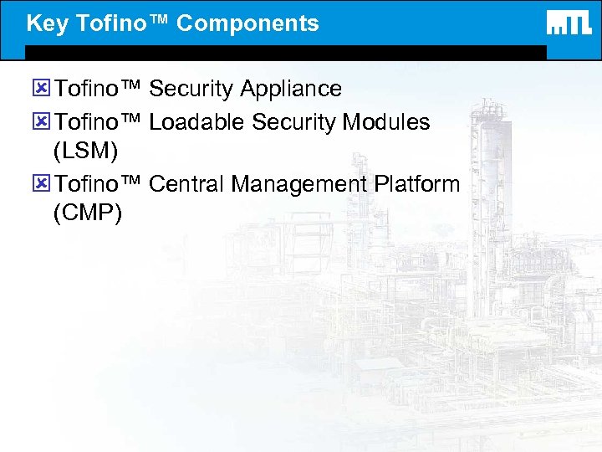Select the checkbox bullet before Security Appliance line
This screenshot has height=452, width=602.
coord(42,89)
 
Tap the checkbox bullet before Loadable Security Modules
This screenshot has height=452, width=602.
coord(42,122)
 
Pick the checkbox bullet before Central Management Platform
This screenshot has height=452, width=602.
coord(42,183)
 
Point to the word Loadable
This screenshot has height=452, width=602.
coord(197,122)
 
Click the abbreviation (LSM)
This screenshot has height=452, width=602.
coord(85,152)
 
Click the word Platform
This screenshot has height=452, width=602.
coord(418,183)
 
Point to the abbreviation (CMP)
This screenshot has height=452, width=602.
coord(87,213)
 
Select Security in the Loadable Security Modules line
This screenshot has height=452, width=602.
coord(293,122)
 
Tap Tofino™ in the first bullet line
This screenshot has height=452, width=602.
coord(99,89)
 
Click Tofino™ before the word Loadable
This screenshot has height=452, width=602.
coord(99,122)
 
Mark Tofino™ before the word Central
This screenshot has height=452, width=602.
coord(99,183)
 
